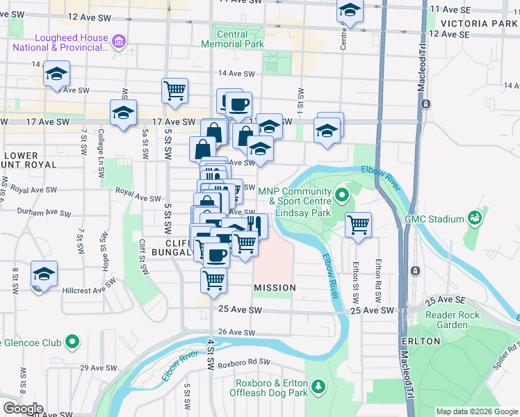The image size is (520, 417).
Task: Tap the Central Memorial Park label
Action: coord(232,39)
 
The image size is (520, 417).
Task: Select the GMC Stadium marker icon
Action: coord(475,219)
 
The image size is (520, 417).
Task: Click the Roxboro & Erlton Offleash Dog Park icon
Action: coord(318,386)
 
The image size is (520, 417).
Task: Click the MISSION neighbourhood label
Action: coord(275,288)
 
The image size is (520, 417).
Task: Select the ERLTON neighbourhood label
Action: coord(421,341)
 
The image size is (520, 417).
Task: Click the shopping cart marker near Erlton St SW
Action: coord(358,224)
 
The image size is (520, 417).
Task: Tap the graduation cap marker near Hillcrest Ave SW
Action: coord(44,275)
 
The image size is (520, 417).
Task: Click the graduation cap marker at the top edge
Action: coord(350,10)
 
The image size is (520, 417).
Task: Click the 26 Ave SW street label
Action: coord(232,333)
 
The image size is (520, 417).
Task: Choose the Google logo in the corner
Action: coord(22,409)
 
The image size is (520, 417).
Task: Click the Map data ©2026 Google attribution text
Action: coord(477,411)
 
